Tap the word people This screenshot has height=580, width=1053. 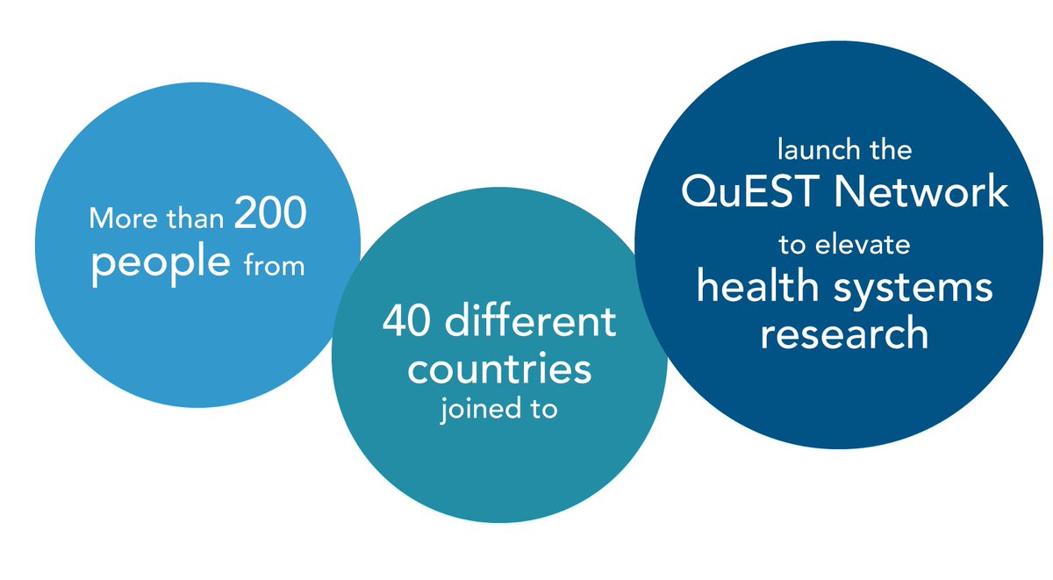point(161,261)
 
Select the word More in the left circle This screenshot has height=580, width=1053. point(117,218)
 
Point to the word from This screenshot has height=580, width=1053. point(274,265)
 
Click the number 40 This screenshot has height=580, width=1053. point(409,323)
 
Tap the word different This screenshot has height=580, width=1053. point(530,322)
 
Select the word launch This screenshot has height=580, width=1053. point(812,149)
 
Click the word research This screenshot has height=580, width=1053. point(844,333)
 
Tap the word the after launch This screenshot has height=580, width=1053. point(890,149)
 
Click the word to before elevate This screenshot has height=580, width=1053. point(792,247)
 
